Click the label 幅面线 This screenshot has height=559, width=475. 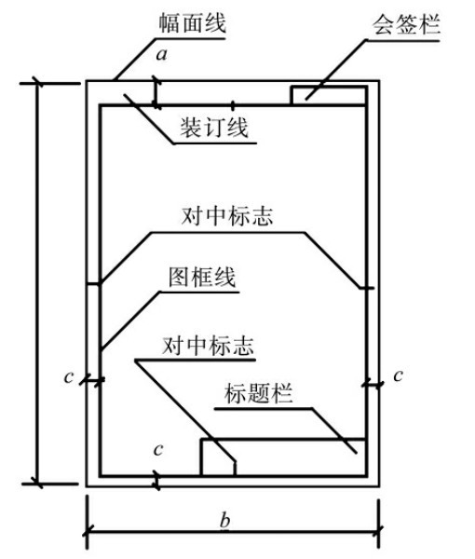coord(192,23)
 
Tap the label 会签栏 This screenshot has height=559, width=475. coord(407,24)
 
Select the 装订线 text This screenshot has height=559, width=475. coord(214,128)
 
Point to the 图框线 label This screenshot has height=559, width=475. coord(202,277)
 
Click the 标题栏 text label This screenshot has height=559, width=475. coord(258,393)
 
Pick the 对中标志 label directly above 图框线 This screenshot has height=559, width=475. coord(227,216)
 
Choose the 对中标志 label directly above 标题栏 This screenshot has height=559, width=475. coord(208,346)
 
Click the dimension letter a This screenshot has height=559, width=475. coord(161,55)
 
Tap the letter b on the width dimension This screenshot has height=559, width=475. coord(224,520)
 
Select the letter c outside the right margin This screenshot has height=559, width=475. coord(398,375)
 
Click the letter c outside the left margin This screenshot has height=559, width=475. coord(69,376)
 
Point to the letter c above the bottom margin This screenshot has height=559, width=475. coord(158,450)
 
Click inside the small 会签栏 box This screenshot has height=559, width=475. coord(328,95)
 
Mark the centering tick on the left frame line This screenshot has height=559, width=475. coord(94,284)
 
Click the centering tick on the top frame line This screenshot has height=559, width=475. coord(233,105)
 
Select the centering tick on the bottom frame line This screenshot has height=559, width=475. coord(235,468)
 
